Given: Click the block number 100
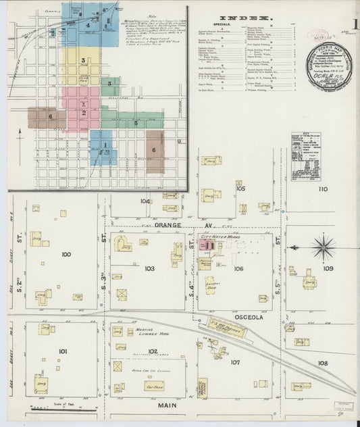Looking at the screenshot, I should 66,255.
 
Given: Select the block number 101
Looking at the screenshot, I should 63,351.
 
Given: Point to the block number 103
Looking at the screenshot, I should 149,268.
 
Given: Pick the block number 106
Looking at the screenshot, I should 238,268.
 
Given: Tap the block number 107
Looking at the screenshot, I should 234,362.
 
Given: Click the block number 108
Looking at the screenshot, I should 323,363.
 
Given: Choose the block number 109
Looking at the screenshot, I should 328,268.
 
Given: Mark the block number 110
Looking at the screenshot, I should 323,189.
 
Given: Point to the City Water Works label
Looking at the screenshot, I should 220,238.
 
